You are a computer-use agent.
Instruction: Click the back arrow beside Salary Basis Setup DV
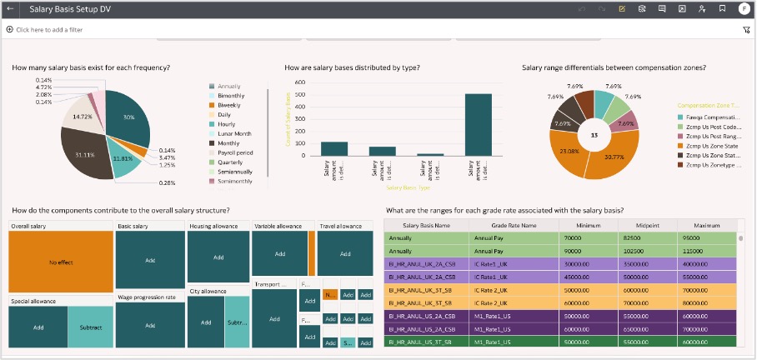11,9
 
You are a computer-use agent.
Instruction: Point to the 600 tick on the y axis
300,82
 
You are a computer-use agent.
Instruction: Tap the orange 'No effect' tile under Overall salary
61,262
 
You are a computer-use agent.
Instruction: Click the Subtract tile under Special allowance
89,327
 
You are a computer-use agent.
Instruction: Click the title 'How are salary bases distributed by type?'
352,67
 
